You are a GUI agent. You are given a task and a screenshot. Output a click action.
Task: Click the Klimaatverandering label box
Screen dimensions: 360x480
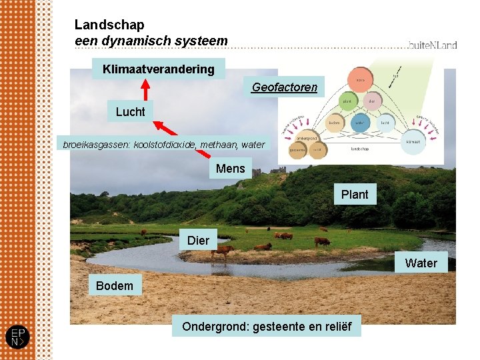[x=159, y=69]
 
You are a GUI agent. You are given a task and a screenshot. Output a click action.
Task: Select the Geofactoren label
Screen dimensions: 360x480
[x=284, y=87]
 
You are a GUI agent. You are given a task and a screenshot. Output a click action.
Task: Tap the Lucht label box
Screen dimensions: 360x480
[x=130, y=111]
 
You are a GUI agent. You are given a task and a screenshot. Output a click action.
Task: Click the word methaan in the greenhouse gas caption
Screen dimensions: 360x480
[x=218, y=145]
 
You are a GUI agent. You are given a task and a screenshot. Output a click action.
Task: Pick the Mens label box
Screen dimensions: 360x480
[x=230, y=169]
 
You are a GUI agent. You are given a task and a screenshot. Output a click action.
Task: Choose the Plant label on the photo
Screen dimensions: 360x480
[x=354, y=194]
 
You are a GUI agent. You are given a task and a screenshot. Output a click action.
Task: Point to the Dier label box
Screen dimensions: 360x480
[x=198, y=240]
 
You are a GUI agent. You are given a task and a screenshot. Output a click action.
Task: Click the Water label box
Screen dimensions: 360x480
[x=421, y=263]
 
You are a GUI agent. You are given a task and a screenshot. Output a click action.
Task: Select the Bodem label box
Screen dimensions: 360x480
[x=114, y=285]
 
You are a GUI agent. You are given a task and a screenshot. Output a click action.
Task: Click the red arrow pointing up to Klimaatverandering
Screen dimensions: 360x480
[x=144, y=91]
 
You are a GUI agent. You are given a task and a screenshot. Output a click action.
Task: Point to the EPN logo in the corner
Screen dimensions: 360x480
[x=17, y=337]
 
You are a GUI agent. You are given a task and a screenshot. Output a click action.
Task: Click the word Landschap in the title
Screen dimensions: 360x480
[x=109, y=25]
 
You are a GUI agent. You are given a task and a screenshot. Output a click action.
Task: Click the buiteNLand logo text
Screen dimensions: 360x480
[x=433, y=45]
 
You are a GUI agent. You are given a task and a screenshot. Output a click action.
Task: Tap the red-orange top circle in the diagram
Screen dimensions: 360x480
[x=360, y=79]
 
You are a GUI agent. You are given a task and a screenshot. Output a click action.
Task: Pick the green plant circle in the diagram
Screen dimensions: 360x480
[x=347, y=101]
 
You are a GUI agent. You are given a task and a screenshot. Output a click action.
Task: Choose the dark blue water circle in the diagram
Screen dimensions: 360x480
[x=360, y=123]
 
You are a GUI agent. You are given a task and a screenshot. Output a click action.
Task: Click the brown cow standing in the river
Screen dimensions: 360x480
[x=223, y=251]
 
